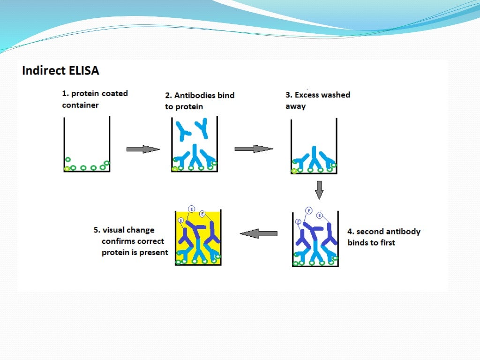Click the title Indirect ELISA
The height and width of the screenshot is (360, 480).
pyautogui.click(x=61, y=71)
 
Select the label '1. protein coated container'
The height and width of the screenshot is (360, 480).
pyautogui.click(x=95, y=99)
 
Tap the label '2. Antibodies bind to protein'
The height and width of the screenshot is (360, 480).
pyautogui.click(x=199, y=101)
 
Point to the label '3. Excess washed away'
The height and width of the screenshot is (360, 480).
pyautogui.click(x=317, y=100)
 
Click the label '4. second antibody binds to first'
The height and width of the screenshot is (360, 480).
pyautogui.click(x=383, y=237)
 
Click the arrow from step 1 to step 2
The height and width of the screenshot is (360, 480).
pyautogui.click(x=143, y=149)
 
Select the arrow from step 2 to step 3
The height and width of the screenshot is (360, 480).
pyautogui.click(x=253, y=149)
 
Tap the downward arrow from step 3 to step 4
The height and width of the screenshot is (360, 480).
pyautogui.click(x=319, y=190)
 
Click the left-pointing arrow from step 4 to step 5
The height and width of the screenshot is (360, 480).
pyautogui.click(x=258, y=233)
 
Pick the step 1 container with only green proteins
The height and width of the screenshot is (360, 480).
pyautogui.click(x=87, y=145)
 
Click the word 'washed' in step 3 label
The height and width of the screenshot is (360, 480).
pyautogui.click(x=335, y=95)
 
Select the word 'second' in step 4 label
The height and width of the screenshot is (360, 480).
pyautogui.click(x=371, y=232)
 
